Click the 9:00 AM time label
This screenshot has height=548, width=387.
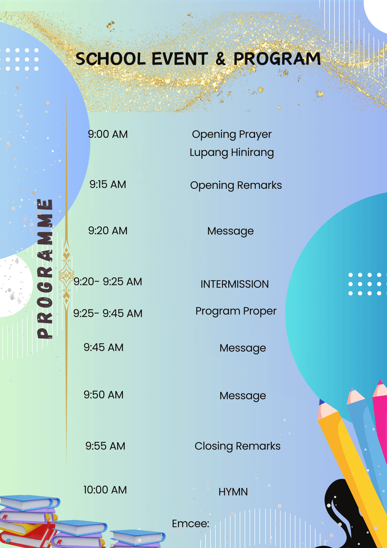[x=108, y=134]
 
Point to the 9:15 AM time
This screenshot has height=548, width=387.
[x=108, y=184]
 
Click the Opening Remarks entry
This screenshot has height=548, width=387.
[x=236, y=185]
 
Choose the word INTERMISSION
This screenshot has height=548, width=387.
[x=235, y=284]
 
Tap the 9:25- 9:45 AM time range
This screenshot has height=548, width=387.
[x=108, y=313]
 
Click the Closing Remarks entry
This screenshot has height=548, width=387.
[x=238, y=446]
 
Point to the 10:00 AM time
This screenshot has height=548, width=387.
[x=105, y=490]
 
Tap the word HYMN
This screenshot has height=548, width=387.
[x=233, y=492]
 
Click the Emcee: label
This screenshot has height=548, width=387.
[x=190, y=524]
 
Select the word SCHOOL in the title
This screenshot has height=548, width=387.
[x=111, y=59]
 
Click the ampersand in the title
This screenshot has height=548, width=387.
[x=221, y=59]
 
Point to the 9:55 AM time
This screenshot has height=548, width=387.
[x=105, y=446]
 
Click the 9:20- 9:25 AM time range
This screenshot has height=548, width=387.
[x=108, y=282]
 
